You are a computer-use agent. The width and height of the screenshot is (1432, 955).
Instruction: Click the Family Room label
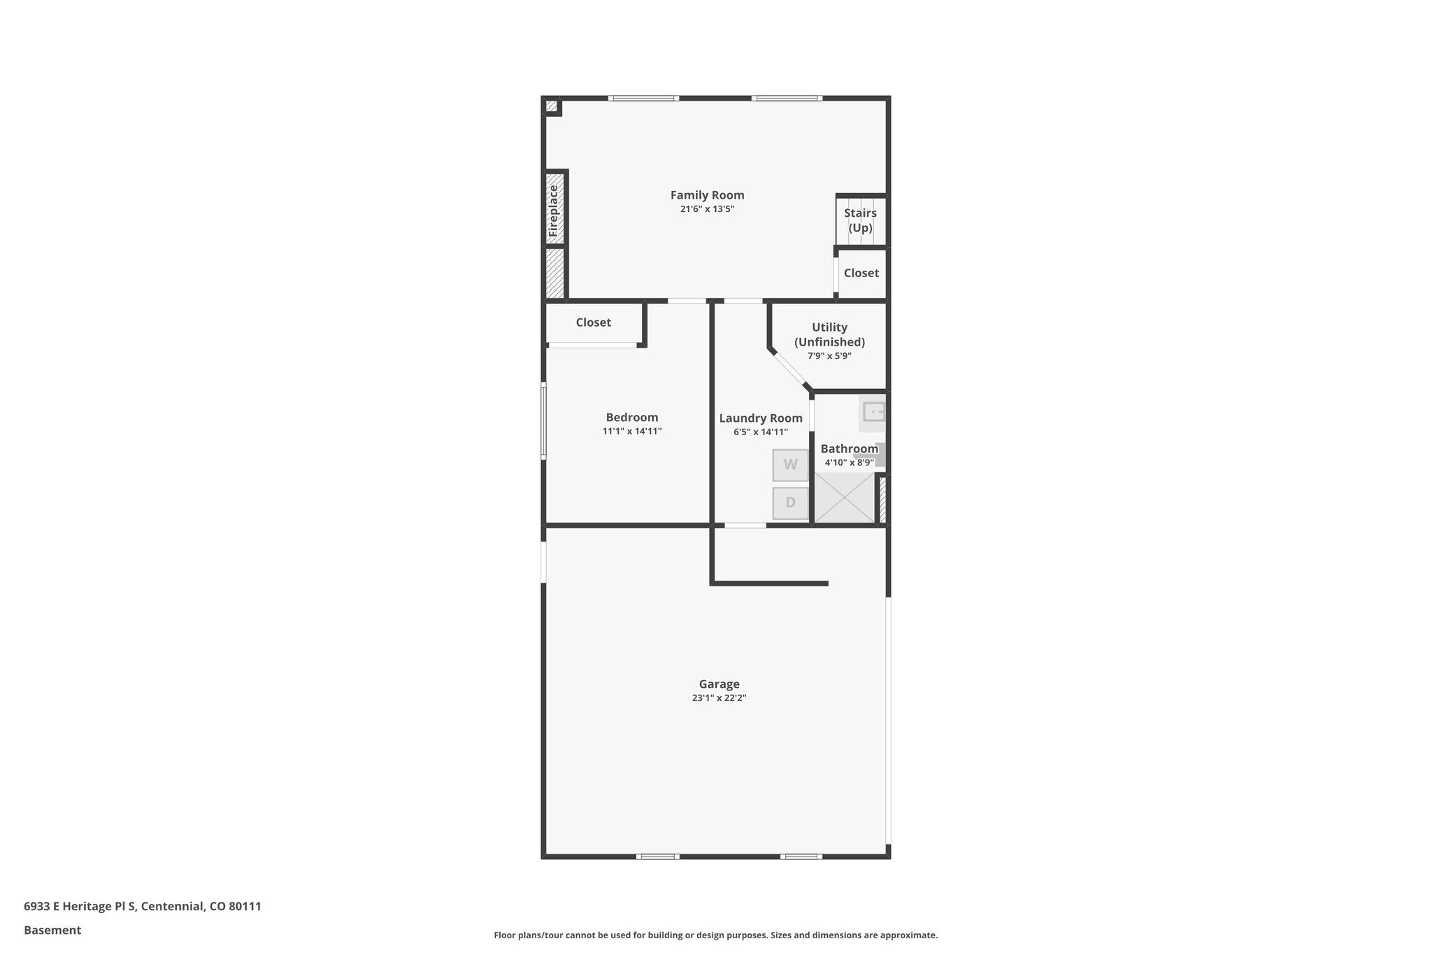point(707,195)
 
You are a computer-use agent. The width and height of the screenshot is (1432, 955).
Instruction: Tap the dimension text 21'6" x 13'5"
point(707,209)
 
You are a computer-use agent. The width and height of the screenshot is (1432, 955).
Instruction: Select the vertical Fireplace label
point(554,210)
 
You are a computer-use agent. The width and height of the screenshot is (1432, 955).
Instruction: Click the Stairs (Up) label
point(860,220)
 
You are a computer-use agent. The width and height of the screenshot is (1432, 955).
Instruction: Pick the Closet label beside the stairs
point(861,273)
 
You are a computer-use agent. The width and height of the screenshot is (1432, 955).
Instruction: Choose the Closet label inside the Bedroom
point(593,323)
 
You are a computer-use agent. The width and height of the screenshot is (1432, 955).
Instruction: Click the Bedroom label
point(631,418)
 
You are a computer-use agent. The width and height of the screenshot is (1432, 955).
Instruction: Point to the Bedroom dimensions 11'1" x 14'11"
point(631,432)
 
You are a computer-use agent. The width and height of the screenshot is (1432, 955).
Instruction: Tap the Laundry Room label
point(760,418)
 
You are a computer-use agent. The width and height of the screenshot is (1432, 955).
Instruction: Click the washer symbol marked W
point(790,465)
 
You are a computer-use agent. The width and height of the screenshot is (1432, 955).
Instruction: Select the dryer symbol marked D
point(790,503)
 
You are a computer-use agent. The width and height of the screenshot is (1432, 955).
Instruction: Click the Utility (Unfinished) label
point(829,334)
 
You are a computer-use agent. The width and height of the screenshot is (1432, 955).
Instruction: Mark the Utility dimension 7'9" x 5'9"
point(829,356)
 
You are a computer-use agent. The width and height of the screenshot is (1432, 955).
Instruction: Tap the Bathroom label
point(849,449)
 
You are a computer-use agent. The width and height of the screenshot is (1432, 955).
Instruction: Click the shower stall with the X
point(845,497)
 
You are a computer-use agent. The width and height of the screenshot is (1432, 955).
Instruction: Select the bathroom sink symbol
point(873,412)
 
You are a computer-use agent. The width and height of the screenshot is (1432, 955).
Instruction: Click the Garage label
point(719,684)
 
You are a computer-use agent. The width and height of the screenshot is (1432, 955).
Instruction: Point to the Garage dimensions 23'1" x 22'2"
point(719,698)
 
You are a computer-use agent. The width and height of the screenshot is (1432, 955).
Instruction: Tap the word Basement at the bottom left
point(52,930)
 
